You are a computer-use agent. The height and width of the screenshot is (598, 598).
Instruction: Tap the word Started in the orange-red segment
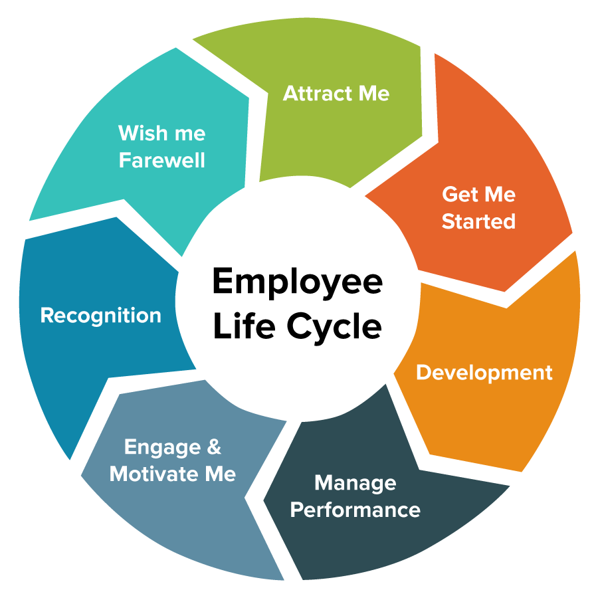[x=478, y=221]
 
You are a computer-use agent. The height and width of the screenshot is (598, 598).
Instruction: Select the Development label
[x=484, y=373]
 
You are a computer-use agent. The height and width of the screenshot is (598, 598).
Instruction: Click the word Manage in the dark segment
[x=355, y=483]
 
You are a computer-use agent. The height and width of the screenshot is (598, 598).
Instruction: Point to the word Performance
[x=355, y=510]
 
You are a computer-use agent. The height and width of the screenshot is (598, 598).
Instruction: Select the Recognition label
[x=100, y=315]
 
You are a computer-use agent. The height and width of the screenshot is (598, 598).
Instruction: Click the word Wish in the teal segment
[x=143, y=134]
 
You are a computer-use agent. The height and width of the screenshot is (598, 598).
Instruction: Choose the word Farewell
[x=161, y=160]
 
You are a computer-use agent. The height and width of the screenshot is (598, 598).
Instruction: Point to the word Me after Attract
[x=374, y=94]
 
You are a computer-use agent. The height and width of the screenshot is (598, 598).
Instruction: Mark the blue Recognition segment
[x=80, y=372]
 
